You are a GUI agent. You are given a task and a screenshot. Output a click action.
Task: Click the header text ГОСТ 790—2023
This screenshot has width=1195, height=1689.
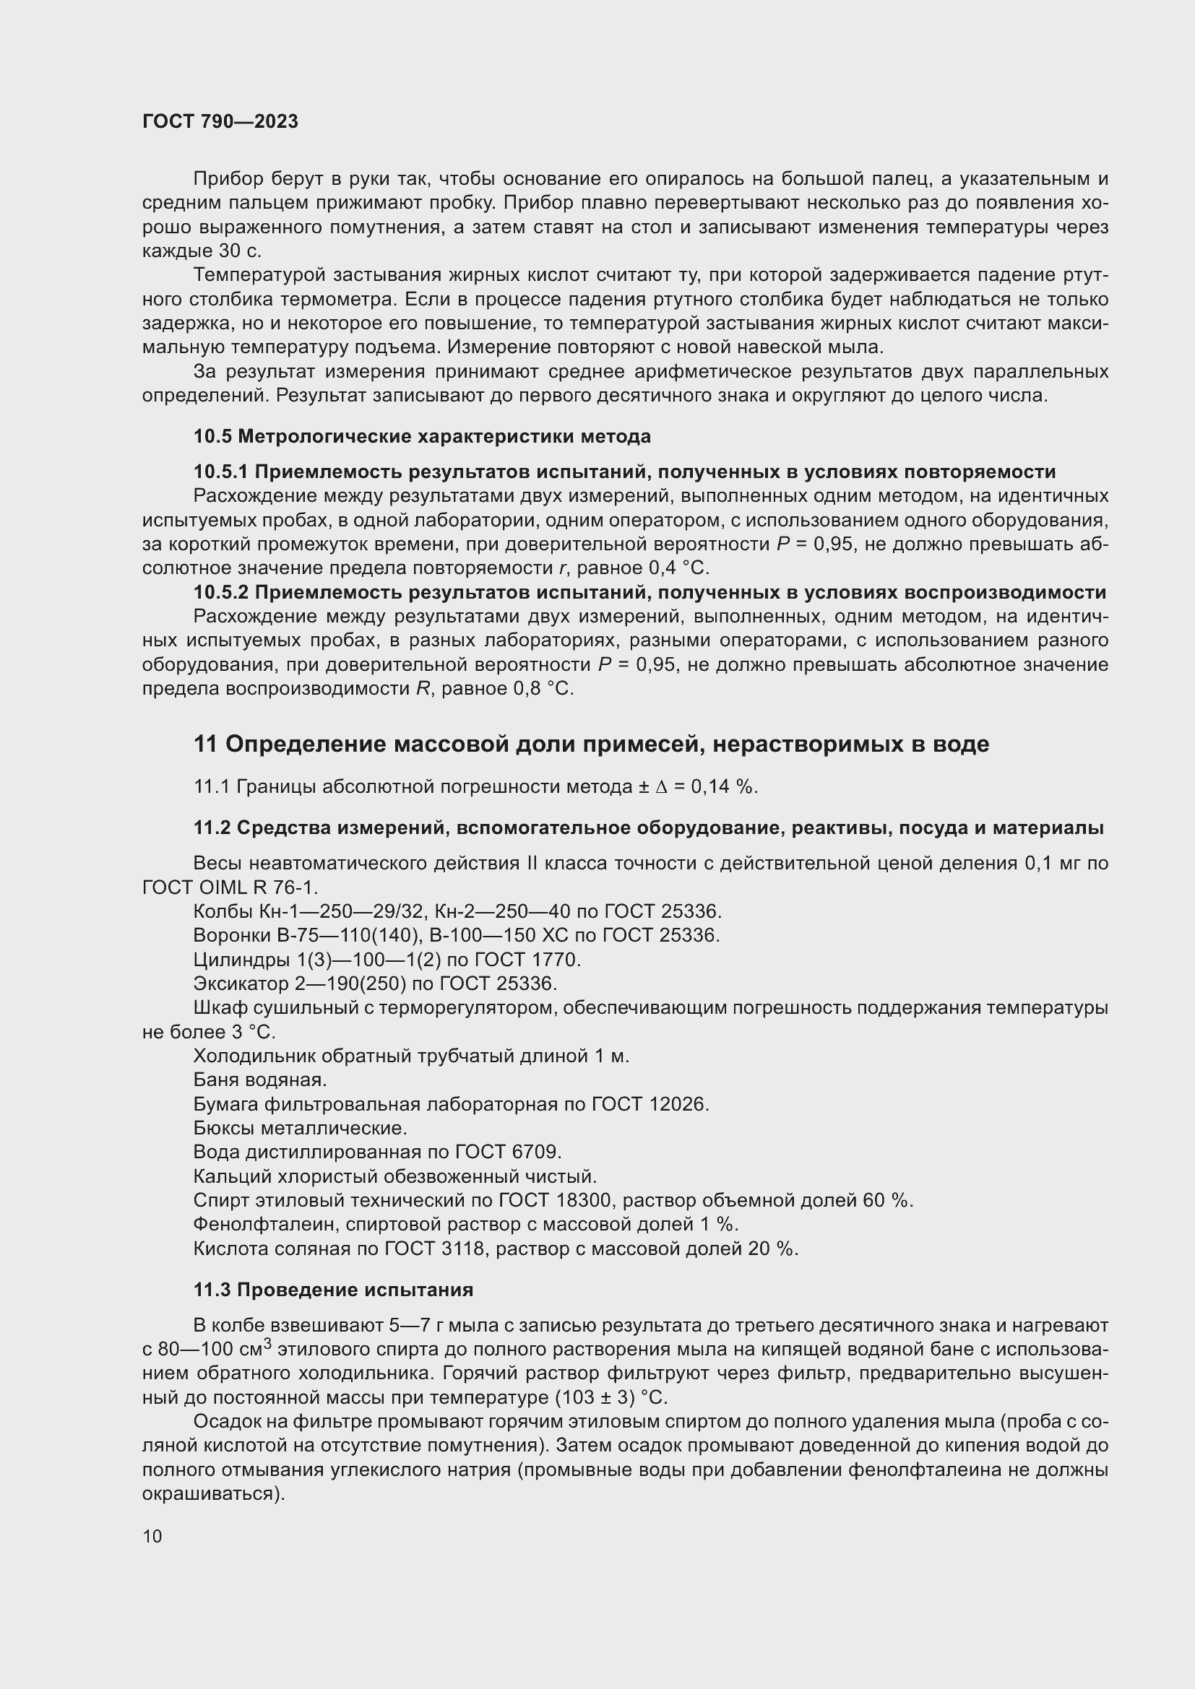pyautogui.click(x=220, y=121)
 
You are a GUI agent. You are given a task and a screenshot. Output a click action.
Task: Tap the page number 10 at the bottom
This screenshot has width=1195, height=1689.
pyautogui.click(x=152, y=1536)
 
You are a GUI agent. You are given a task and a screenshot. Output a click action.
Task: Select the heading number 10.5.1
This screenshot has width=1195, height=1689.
pyautogui.click(x=221, y=472)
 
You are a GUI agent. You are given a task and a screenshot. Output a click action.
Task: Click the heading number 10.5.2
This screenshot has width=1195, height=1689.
pyautogui.click(x=221, y=592)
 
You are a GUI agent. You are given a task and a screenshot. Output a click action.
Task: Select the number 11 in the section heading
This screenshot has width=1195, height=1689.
pyautogui.click(x=205, y=744)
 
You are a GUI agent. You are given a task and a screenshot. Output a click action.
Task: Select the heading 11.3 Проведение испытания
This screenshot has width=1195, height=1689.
pyautogui.click(x=333, y=1290)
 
